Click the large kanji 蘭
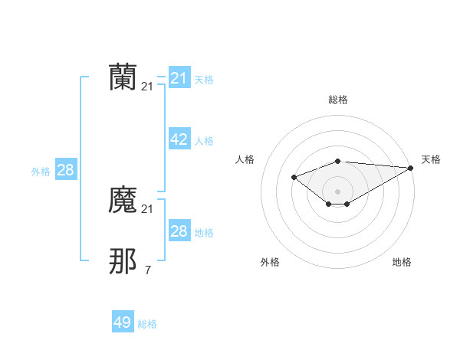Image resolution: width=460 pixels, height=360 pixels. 123,78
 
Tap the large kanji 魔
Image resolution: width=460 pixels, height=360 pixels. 123,201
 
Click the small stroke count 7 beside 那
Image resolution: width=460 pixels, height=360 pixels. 147,270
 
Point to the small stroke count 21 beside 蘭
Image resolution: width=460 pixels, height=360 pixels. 147,87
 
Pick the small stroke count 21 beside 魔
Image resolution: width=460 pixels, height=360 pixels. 147,209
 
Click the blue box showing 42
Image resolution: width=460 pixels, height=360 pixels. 179,139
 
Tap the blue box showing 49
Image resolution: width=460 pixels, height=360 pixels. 123,322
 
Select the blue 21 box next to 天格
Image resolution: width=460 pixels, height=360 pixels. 179,78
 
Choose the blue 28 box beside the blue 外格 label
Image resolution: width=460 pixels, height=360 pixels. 65,170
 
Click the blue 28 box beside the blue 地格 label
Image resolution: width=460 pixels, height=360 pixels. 179,231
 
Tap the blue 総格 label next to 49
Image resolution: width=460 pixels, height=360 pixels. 147,324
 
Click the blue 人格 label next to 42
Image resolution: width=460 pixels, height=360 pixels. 204,141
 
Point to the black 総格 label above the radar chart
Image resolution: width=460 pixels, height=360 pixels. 337,100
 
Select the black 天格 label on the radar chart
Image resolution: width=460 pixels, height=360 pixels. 431,159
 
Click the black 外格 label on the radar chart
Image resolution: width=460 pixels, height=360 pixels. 270,263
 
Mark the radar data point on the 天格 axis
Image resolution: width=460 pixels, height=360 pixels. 410,168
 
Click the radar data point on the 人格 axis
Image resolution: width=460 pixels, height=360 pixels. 294,177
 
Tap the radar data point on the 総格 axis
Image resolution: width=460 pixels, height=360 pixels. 337,161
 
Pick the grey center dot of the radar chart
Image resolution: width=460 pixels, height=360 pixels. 337,191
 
